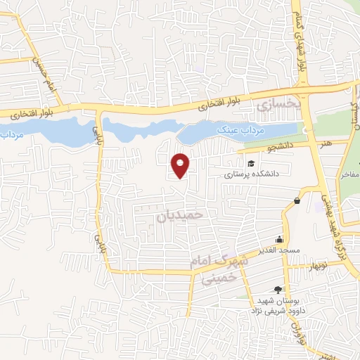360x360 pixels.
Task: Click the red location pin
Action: tap(181, 165)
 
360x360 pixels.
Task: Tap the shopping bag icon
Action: tap(297, 201)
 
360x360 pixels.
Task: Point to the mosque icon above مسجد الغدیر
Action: tap(280, 238)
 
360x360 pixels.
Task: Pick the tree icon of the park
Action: tap(278, 289)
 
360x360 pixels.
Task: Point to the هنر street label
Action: tap(326, 143)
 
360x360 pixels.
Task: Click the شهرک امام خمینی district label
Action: tap(218, 268)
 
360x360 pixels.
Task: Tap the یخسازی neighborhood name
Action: tap(277, 105)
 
